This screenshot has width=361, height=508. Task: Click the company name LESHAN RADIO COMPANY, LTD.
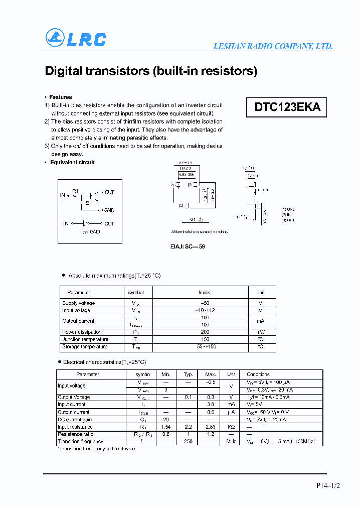point(273,46)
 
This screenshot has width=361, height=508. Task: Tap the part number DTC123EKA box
point(287,107)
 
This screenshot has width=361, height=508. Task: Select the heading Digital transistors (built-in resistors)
point(151,71)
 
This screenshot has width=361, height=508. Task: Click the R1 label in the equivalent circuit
point(75,191)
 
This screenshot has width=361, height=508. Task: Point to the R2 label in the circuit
point(86,203)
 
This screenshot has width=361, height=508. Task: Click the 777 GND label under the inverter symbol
point(92,231)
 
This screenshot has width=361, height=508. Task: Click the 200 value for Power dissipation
point(205,332)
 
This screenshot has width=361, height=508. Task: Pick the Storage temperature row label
point(85,347)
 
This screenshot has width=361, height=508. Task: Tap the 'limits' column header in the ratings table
point(205,292)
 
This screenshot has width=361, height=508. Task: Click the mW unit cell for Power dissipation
point(260,332)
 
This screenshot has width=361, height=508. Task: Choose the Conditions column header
point(258,374)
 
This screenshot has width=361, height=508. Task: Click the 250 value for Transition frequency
point(188,442)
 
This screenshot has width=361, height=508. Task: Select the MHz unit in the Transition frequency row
point(231,442)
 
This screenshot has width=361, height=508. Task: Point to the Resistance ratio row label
point(75,434)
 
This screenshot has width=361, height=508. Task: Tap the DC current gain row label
point(75,420)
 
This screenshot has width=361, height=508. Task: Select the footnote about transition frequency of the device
point(96,449)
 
